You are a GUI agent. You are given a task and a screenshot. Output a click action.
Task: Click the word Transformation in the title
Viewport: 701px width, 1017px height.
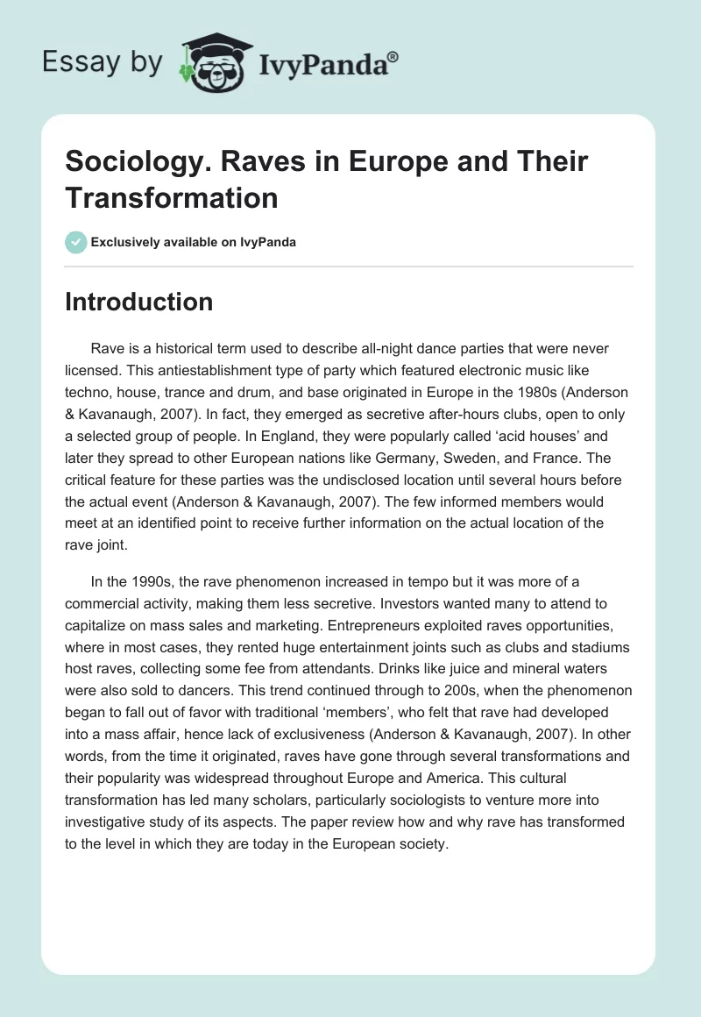click(172, 197)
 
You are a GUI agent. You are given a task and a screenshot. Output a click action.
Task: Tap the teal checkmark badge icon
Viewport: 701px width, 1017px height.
click(76, 242)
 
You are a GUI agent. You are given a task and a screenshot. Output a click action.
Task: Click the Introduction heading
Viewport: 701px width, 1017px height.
click(139, 302)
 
